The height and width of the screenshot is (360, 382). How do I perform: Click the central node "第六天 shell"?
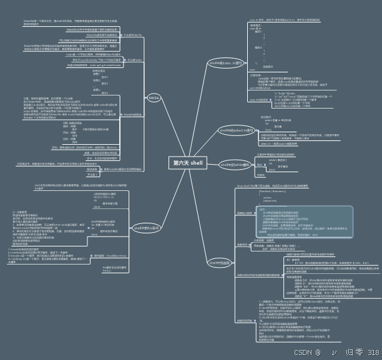point(188,162)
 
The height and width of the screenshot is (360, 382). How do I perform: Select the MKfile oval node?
point(153,98)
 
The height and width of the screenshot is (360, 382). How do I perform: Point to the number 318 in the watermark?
point(373,352)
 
